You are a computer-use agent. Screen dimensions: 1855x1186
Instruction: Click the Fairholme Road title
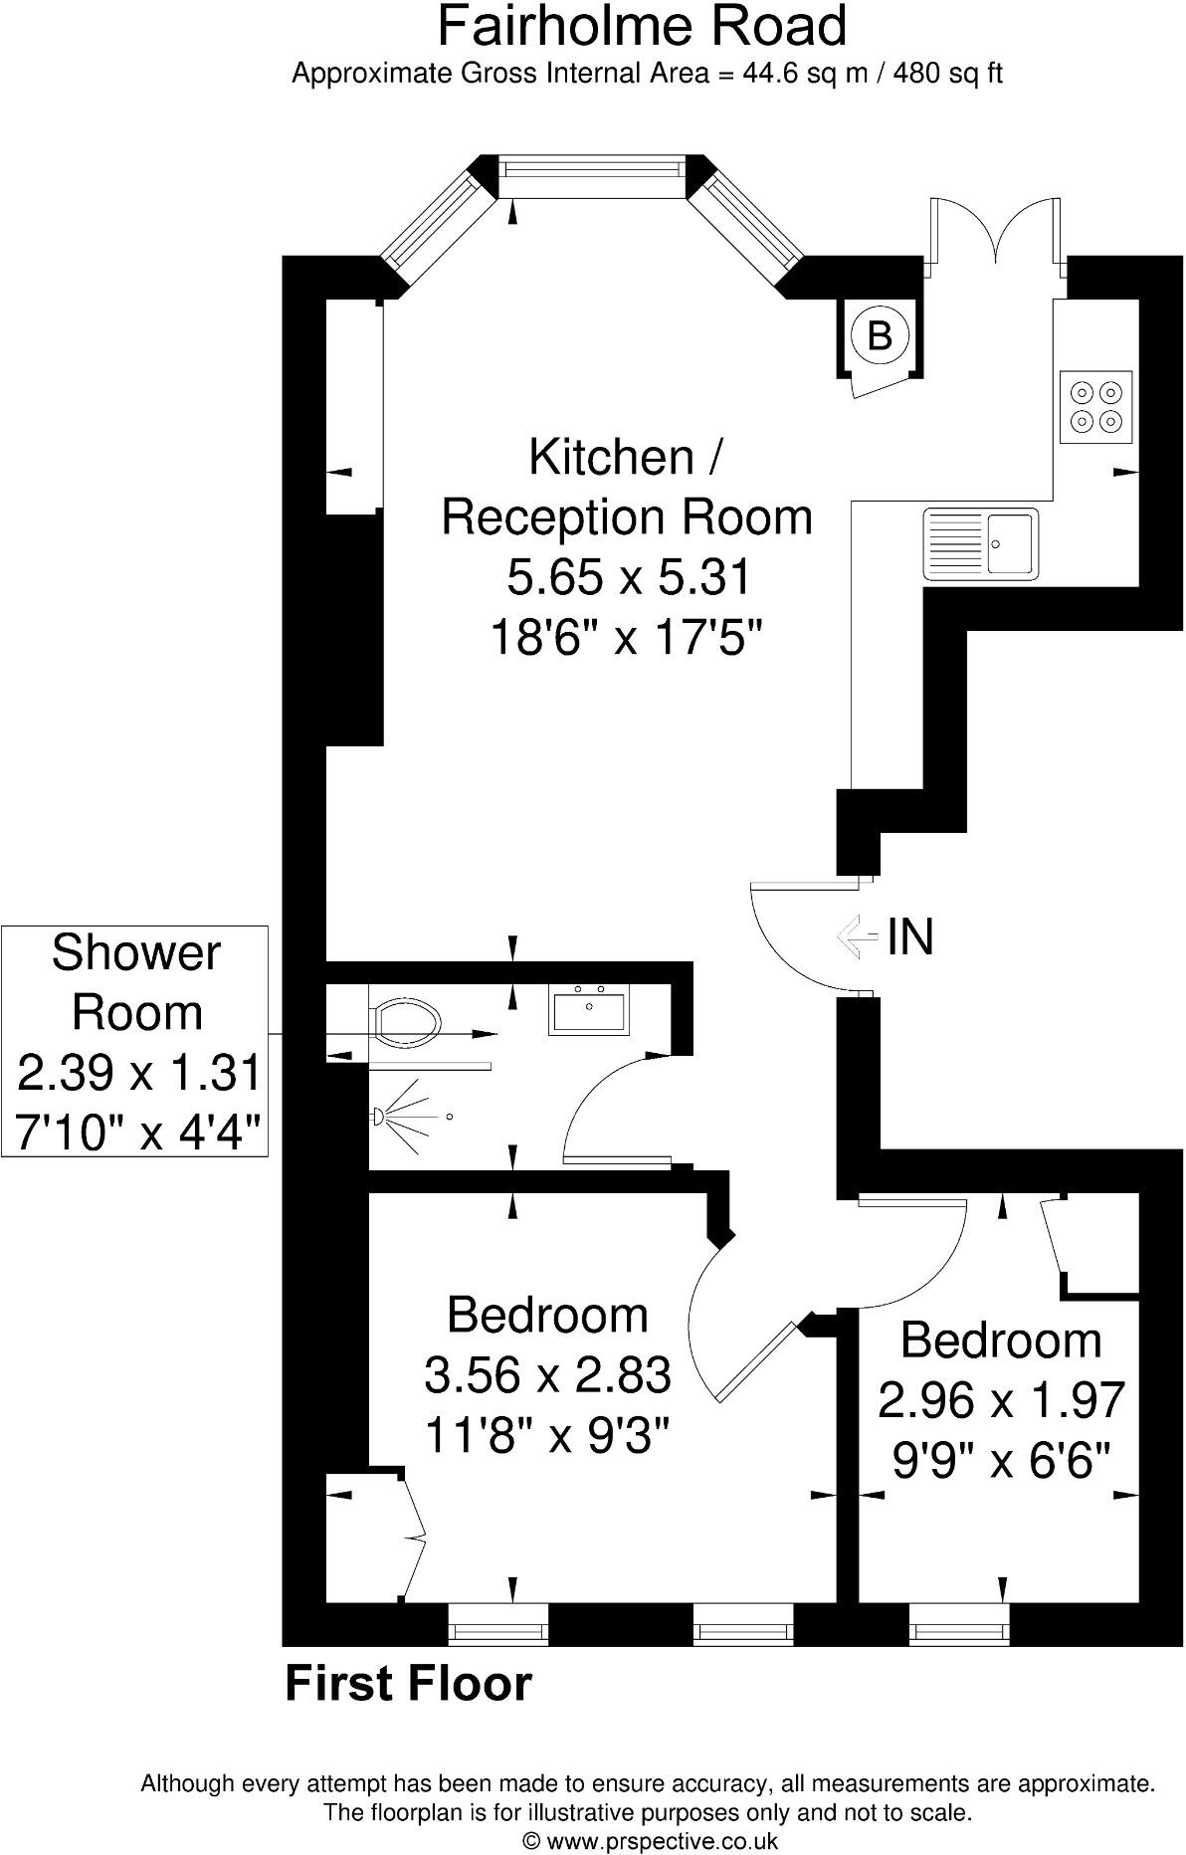coord(642,27)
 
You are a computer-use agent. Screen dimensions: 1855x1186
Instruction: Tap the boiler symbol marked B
coord(880,335)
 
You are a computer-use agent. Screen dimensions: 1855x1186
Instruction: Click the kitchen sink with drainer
coord(980,542)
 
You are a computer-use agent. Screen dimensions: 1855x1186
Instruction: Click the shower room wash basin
coord(588,1011)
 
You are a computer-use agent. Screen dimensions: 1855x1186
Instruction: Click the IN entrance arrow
coord(855,936)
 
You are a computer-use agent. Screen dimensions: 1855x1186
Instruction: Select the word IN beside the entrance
coord(910,936)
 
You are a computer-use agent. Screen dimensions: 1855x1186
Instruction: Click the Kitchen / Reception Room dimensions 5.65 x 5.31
coord(627,577)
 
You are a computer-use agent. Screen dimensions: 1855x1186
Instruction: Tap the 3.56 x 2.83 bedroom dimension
coord(547,1375)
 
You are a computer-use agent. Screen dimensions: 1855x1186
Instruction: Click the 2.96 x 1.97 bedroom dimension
coord(1001,1399)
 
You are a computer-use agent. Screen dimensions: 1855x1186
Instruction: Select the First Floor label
coord(409,1684)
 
